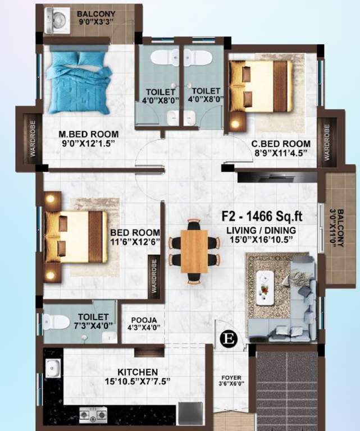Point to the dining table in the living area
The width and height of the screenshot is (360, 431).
click(x=194, y=251)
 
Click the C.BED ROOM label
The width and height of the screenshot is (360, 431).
click(x=280, y=143)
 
